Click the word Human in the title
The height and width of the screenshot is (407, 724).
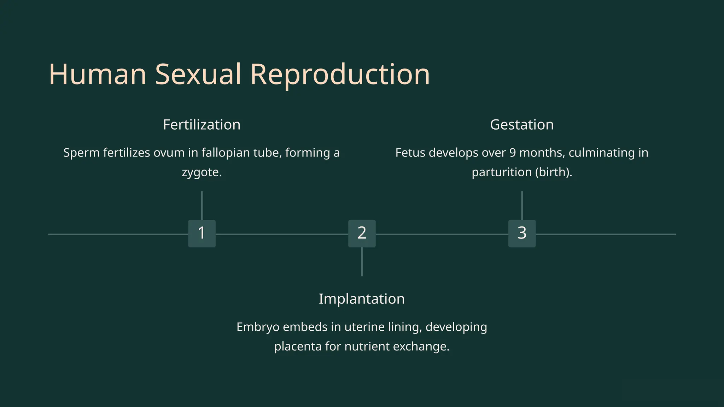coord(98,75)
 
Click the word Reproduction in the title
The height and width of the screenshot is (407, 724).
coord(340,75)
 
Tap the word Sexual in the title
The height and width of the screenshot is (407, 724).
coord(198,75)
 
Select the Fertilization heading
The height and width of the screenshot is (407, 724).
coord(202,125)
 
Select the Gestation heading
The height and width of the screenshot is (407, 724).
coord(522,125)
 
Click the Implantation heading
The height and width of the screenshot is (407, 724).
coord(362,299)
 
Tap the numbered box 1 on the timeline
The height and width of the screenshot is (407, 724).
coord(202,234)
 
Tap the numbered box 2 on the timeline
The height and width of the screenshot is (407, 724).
coord(362,234)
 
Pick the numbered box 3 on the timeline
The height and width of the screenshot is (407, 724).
coord(522,234)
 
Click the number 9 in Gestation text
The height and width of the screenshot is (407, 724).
coord(513,153)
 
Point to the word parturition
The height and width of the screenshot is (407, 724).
coord(501,172)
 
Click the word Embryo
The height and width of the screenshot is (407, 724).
coord(258,327)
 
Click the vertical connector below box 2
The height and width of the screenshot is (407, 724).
coord(362,262)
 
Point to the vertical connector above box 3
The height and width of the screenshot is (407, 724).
coord(522,205)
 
